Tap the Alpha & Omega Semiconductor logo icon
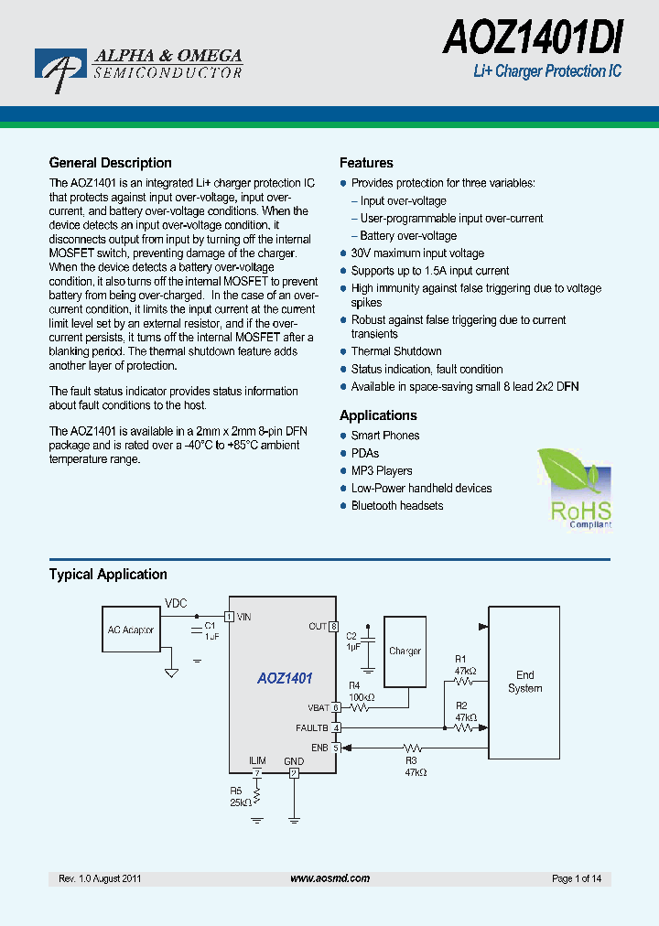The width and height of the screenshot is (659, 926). (x=60, y=70)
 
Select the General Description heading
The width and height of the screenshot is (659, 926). (x=110, y=163)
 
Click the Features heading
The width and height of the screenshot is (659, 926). (x=366, y=163)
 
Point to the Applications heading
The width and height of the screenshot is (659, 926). (x=378, y=415)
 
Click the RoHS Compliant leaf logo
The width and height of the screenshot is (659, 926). (x=574, y=488)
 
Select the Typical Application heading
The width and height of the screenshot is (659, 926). (x=108, y=575)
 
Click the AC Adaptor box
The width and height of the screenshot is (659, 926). (x=132, y=630)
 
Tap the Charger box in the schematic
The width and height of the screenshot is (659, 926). (x=405, y=651)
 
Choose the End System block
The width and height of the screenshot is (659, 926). (x=524, y=682)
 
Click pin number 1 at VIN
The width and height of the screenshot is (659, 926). (x=230, y=617)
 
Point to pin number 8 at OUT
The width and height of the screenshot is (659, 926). (x=333, y=627)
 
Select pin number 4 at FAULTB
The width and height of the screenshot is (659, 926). (x=336, y=728)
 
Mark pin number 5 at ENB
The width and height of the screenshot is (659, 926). (x=336, y=748)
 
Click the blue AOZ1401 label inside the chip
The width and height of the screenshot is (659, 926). (x=285, y=679)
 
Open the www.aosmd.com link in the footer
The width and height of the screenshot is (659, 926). (x=329, y=878)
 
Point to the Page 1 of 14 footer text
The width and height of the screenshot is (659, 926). (x=577, y=878)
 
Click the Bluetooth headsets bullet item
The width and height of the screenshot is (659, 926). (x=397, y=506)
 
